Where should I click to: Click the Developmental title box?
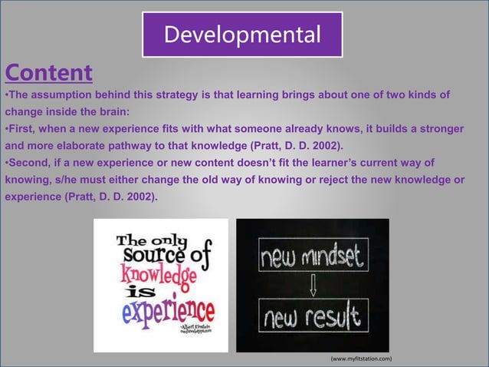[242, 35]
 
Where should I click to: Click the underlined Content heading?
[49, 73]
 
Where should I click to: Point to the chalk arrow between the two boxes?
[313, 285]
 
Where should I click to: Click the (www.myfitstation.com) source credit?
[360, 359]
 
